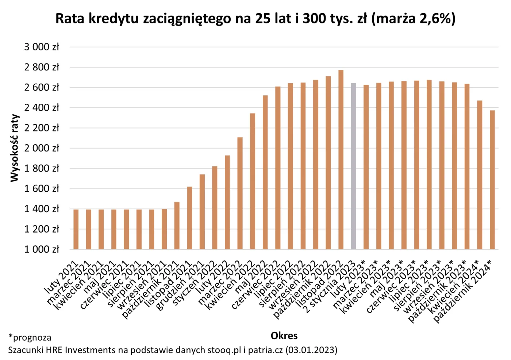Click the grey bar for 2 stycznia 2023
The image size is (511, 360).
353,166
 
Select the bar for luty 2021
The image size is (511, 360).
76,229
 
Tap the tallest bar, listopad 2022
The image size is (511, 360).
341,160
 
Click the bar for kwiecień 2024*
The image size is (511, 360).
480,175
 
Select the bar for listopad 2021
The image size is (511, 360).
189,218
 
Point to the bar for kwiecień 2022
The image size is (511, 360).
253,181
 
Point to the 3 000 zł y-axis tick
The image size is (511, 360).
42,47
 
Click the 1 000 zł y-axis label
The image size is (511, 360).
42,249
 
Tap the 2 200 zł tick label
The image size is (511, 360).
42,128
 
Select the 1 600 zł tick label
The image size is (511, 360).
42,189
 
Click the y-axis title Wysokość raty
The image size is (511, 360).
15,148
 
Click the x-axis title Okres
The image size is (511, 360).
284,336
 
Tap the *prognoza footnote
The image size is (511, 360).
30,337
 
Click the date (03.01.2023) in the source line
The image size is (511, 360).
311,350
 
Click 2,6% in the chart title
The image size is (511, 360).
435,18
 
